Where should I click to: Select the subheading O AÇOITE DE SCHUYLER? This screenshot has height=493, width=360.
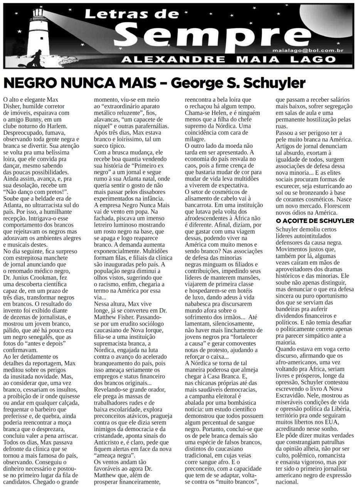315,221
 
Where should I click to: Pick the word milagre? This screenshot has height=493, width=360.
195,139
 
